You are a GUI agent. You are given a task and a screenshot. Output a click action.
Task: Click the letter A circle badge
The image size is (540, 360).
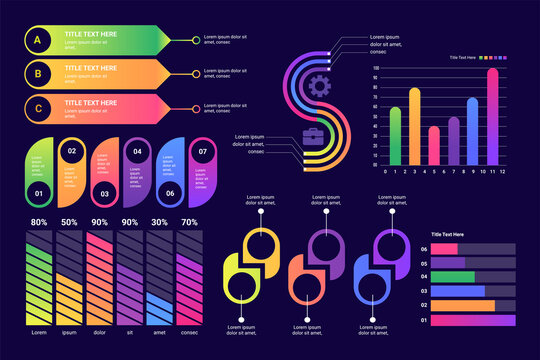pos(37,40)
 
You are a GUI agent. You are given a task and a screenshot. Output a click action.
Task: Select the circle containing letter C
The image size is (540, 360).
pos(37,107)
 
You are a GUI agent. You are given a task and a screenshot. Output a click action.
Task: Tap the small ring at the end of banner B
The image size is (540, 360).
pos(196,73)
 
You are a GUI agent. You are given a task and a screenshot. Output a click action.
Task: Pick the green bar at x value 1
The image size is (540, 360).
pos(395,135)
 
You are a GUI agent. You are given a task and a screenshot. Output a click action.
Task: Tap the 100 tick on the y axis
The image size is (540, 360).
pos(375,68)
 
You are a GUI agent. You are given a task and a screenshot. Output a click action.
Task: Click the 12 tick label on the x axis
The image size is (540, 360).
pos(502,171)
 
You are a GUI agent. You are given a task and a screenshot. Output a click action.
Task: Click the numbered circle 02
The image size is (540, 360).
pos(71,151)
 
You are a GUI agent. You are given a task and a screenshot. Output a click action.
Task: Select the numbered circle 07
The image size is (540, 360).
pos(202,151)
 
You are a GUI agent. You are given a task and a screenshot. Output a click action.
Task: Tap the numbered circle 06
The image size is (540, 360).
pos(170,193)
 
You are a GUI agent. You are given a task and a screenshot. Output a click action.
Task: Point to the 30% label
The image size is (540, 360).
pos(158,222)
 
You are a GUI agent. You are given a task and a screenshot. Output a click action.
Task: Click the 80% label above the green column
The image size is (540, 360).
pos(39,222)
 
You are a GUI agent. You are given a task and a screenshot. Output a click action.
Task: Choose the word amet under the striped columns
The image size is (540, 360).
pos(158,332)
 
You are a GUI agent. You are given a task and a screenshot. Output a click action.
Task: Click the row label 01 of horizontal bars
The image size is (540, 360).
pos(424,320)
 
